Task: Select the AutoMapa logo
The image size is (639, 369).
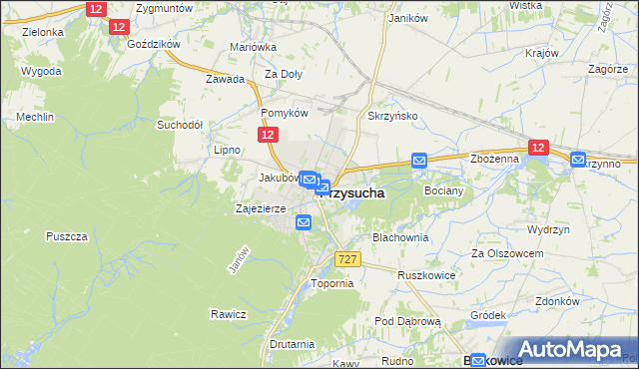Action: pos(566,349)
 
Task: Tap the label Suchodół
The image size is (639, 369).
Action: pos(180,126)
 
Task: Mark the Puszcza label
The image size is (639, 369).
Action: pos(68,236)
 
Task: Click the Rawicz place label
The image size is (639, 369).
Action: pos(228,314)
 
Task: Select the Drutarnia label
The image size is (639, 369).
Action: pos(292,344)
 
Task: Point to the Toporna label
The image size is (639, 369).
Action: pos(332,283)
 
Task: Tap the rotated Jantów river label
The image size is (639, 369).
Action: pos(238,260)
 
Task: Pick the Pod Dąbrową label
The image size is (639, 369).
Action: pos(407,321)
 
